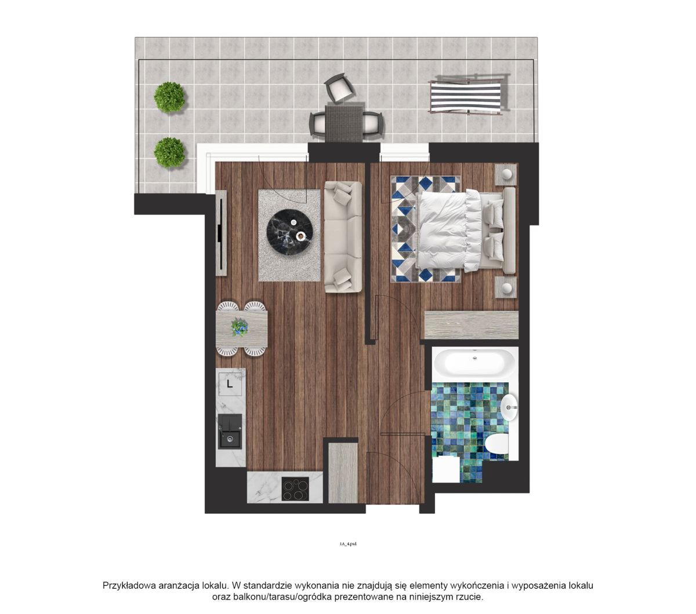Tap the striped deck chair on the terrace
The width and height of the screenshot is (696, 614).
pyautogui.click(x=468, y=95)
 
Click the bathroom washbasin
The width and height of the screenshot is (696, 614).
pyautogui.click(x=509, y=407)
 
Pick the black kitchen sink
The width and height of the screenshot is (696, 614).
pyautogui.click(x=230, y=431)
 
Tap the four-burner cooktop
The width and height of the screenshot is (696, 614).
pyautogui.click(x=295, y=489)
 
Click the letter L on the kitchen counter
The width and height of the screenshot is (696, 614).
pyautogui.click(x=230, y=384)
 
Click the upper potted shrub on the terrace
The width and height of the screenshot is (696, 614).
pyautogui.click(x=169, y=97)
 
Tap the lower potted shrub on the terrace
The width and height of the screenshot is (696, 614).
pyautogui.click(x=169, y=152)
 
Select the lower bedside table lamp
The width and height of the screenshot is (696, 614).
pyautogui.click(x=506, y=288)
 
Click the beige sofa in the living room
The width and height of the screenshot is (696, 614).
pyautogui.click(x=343, y=237)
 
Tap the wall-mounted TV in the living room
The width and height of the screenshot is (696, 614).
pyautogui.click(x=220, y=233)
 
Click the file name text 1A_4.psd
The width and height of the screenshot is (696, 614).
pyautogui.click(x=347, y=544)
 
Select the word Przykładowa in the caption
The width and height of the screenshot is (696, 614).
pyautogui.click(x=129, y=586)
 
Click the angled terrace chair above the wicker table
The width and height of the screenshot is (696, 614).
pyautogui.click(x=339, y=87)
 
